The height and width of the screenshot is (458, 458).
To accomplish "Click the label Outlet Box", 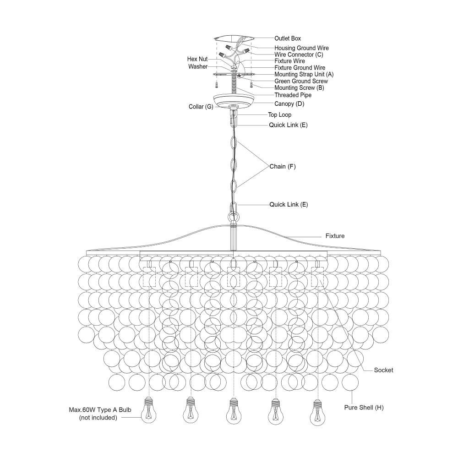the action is click(x=288, y=38).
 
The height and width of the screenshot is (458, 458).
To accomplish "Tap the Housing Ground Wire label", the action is click(x=301, y=48).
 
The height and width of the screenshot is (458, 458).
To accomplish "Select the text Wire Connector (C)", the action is click(x=299, y=55).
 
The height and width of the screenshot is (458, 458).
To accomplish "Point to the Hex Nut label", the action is click(x=197, y=59).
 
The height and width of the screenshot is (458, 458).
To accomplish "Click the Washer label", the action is click(x=198, y=66).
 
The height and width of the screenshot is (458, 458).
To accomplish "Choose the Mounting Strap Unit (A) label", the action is click(x=304, y=75).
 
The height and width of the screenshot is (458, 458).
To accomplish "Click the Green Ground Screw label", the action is click(x=301, y=81).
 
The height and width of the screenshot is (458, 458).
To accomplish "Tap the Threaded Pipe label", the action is click(x=293, y=95).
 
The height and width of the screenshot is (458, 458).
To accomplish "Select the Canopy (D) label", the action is click(x=289, y=104).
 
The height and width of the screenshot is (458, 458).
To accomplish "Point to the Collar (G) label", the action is click(x=201, y=107).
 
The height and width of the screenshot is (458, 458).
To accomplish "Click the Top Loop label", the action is click(x=279, y=115).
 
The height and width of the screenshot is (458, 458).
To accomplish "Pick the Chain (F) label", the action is click(x=283, y=167).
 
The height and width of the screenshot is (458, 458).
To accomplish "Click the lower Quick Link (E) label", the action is click(x=289, y=204).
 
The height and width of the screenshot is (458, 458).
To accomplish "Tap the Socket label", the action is click(x=383, y=370).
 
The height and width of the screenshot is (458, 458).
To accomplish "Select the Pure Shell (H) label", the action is click(x=364, y=408).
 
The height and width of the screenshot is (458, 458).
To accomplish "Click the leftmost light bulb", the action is click(x=149, y=410).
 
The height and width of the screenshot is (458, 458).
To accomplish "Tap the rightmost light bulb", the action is click(x=317, y=413).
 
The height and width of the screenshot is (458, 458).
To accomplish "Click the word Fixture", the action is click(x=335, y=236).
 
